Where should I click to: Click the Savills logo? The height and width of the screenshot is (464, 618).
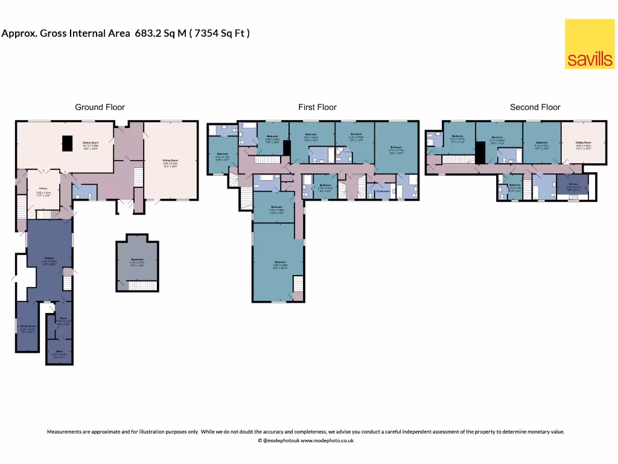[x=589, y=44]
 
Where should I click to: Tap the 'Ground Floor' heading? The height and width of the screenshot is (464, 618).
[x=100, y=107]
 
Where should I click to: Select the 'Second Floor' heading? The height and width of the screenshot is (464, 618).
[x=535, y=107]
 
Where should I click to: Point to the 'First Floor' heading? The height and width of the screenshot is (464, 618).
[x=317, y=107]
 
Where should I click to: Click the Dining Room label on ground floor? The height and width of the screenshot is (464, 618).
[x=91, y=144]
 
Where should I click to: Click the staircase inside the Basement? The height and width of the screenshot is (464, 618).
[x=142, y=285]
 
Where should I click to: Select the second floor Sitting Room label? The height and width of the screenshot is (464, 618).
[x=583, y=144]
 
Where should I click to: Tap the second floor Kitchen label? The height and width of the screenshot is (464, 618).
[x=573, y=186]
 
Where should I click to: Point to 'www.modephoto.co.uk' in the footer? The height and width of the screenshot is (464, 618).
[x=327, y=440]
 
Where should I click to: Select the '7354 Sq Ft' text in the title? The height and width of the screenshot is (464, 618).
[x=220, y=33]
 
